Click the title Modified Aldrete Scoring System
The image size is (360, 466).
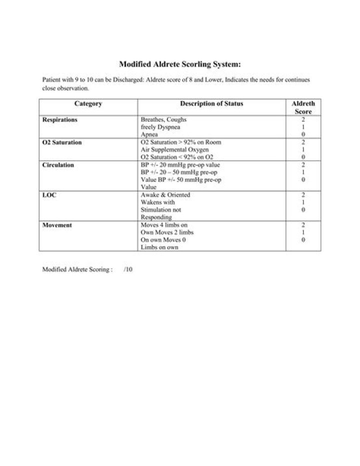[180, 64]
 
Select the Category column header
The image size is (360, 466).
[88, 104]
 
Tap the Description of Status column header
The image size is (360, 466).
[211, 104]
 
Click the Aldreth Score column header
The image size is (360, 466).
[303, 108]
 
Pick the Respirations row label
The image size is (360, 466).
[60, 120]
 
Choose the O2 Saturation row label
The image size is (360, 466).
[62, 143]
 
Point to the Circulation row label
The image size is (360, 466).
[58, 165]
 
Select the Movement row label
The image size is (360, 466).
[57, 225]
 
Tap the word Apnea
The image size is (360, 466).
[149, 135]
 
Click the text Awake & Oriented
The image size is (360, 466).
[165, 195]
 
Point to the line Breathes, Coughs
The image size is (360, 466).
[163, 120]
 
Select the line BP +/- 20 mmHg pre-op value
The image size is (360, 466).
[180, 165]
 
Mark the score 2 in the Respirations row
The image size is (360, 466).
[303, 120]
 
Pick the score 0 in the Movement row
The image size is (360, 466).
[303, 240]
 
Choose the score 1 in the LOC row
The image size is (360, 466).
[303, 203]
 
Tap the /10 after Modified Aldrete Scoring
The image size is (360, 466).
[128, 269]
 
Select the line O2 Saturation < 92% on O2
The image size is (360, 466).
[177, 158]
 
